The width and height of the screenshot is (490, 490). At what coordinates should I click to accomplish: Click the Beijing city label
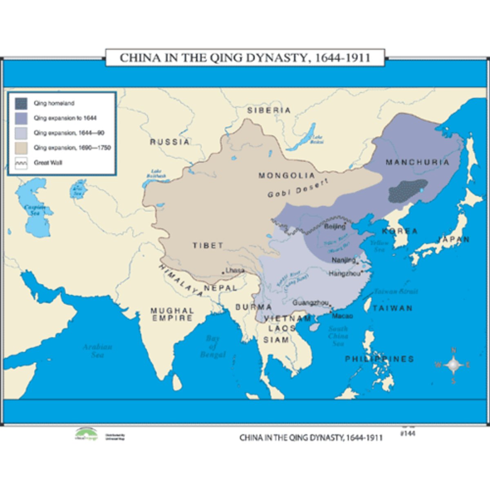click(334, 227)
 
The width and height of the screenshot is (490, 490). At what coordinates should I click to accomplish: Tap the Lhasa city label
click(235, 270)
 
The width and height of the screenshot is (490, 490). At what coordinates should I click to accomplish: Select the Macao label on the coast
click(342, 316)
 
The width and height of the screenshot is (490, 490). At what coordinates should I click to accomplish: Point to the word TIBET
click(208, 245)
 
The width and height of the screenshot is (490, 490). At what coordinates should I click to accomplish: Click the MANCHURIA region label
click(417, 162)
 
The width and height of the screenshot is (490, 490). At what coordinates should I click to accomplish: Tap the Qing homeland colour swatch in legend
click(22, 103)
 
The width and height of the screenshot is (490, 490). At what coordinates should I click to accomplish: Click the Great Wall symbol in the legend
click(22, 163)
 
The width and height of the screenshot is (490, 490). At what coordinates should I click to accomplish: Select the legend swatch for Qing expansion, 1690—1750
click(22, 147)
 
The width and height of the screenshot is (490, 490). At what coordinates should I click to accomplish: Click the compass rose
click(453, 365)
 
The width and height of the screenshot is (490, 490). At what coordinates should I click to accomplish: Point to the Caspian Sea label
click(34, 210)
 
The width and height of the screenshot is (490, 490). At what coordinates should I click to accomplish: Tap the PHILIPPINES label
click(379, 359)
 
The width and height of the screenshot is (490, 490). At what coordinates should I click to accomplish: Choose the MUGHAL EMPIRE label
click(172, 314)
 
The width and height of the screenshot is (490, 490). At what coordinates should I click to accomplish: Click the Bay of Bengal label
click(212, 346)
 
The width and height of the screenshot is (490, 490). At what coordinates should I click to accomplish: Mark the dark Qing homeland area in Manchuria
click(408, 191)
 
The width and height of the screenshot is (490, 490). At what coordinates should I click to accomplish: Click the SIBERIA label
click(269, 110)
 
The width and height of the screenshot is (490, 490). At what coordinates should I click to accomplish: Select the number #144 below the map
click(408, 433)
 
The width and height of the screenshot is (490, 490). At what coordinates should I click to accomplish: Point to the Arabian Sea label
click(98, 351)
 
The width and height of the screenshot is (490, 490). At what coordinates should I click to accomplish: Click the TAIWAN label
click(392, 308)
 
